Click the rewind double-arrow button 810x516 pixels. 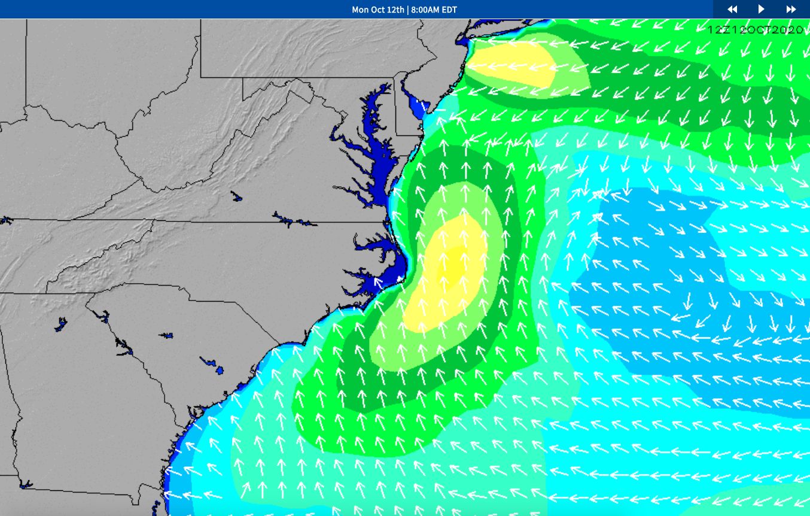(x=732, y=9)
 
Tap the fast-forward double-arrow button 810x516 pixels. (x=791, y=9)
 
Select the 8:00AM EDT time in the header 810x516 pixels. (x=434, y=10)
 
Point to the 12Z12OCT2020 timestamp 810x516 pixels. (x=755, y=30)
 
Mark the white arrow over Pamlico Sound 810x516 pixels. (x=378, y=281)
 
